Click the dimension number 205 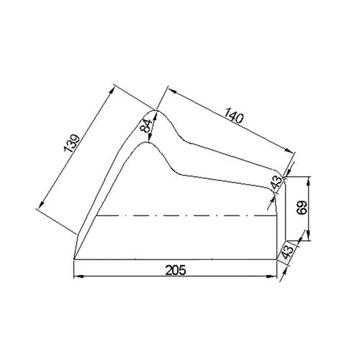pos(174,269)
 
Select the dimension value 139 pos(75,144)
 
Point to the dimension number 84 pos(145,125)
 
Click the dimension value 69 pos(302,207)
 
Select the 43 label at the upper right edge pos(275,183)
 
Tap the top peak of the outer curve pos(156,110)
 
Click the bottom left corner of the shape pos(74,258)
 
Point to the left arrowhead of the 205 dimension pos(76,276)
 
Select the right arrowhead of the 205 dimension pos(275,276)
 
